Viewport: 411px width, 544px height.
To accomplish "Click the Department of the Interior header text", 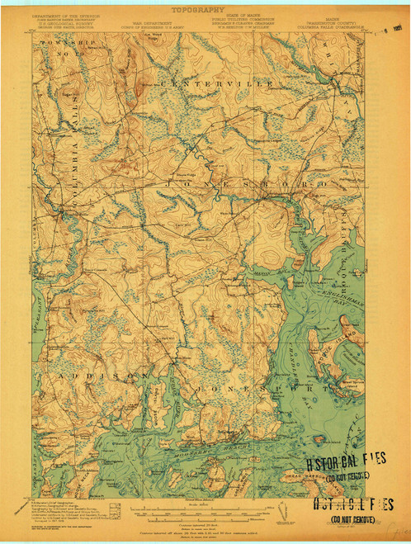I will click(62, 16).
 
